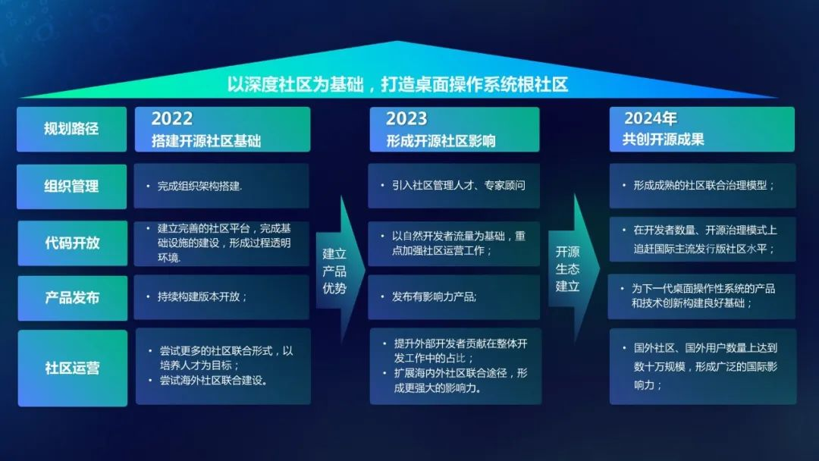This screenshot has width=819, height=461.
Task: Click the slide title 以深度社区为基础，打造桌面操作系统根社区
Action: click(397, 83)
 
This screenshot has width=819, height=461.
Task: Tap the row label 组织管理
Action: click(72, 186)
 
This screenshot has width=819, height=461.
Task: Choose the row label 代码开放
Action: click(72, 243)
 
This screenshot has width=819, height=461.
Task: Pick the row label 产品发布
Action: click(72, 297)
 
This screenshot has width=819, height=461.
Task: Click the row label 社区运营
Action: click(72, 368)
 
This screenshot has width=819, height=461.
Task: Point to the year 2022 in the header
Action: click(172, 118)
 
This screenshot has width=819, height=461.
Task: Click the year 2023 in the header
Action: click(406, 118)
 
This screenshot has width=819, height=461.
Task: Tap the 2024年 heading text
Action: click(650, 118)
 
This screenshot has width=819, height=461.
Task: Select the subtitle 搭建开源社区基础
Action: click(206, 140)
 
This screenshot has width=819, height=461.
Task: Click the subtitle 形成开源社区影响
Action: click(440, 140)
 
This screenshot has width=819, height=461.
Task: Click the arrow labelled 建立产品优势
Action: click(335, 271)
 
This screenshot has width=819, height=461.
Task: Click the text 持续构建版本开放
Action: click(202, 296)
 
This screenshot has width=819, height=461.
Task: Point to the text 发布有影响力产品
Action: click(435, 296)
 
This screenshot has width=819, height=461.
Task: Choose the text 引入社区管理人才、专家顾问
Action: click(458, 185)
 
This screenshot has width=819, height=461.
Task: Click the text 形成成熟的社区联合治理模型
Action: click(704, 185)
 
